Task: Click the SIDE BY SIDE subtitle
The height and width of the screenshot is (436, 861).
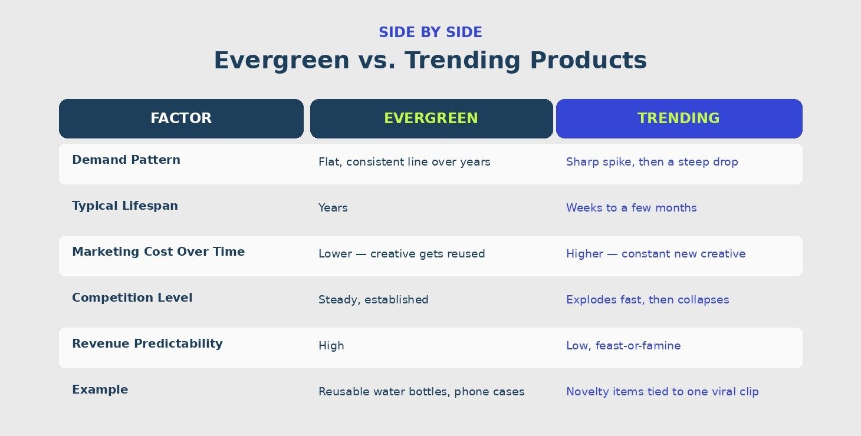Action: pos(431,32)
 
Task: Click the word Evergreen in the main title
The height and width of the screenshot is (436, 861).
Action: pos(282,61)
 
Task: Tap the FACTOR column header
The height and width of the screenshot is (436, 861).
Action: pos(181,118)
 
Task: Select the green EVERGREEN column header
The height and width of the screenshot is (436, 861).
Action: pos(431,118)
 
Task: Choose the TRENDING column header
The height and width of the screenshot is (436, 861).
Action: pos(679,118)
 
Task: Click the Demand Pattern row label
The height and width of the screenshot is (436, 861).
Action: pos(126,160)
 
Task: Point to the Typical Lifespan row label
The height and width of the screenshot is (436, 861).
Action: pos(125,206)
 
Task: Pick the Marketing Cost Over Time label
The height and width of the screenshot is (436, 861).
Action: pos(159,252)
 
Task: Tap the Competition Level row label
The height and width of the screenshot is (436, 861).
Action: pos(132,298)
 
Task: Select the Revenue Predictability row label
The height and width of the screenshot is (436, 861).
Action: pos(147,344)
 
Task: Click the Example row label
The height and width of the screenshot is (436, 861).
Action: pos(100,390)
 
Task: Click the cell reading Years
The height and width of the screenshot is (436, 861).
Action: pos(333,208)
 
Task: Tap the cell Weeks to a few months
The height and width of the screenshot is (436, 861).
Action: pos(631,208)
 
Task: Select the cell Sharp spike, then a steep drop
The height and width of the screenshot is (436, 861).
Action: pos(652,162)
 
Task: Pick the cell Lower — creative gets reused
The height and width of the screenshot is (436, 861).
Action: pos(402,254)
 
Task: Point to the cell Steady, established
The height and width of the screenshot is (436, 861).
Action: pos(373,300)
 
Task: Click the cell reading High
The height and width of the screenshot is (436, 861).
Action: pos(331,346)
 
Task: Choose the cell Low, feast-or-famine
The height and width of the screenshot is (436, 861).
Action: pos(623,346)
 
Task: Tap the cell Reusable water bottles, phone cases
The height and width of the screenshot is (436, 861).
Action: pos(421,392)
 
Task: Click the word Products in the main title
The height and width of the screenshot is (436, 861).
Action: pos(589,61)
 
